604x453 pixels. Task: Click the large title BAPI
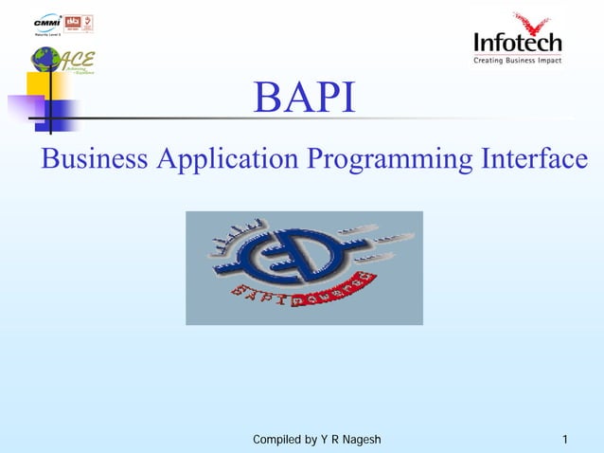[x=305, y=100]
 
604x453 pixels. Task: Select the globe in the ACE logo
[x=44, y=60]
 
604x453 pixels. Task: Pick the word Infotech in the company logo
[x=517, y=43]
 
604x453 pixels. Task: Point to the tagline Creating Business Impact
[x=517, y=61]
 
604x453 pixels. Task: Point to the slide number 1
[x=564, y=440]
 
